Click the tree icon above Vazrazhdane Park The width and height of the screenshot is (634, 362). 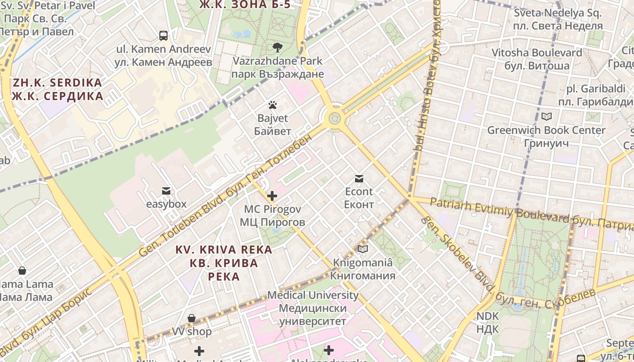pyautogui.click(x=277, y=47)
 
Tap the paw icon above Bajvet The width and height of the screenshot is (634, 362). pyautogui.click(x=272, y=105)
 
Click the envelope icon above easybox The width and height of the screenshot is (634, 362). pyautogui.click(x=166, y=191)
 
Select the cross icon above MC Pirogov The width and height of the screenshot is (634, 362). pyautogui.click(x=272, y=196)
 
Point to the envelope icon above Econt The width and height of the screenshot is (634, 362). pyautogui.click(x=359, y=179)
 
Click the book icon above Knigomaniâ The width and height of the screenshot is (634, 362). pyautogui.click(x=363, y=249)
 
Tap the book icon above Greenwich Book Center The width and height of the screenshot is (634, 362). pyautogui.click(x=547, y=117)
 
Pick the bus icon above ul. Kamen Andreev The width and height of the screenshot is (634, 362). pyautogui.click(x=163, y=35)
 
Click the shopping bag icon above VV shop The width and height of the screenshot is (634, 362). pyautogui.click(x=192, y=318)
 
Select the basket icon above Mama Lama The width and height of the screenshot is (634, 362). pyautogui.click(x=22, y=271)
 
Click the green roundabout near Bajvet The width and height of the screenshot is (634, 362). pyautogui.click(x=334, y=119)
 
